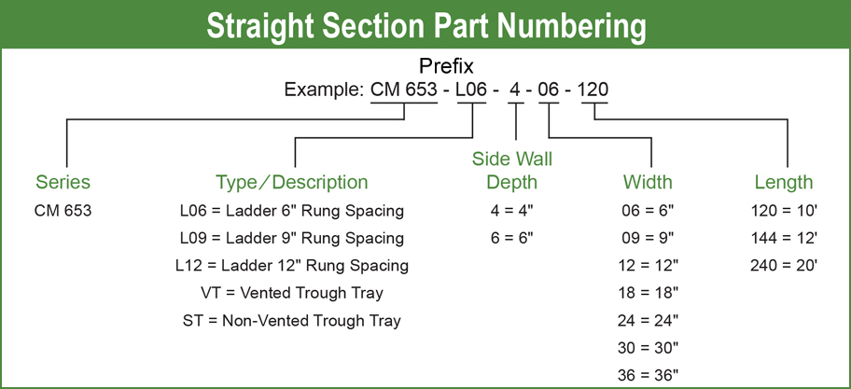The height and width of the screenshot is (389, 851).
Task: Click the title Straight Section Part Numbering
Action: (x=426, y=25)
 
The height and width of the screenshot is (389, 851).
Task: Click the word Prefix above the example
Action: (x=446, y=66)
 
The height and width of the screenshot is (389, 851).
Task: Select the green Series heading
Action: (x=63, y=182)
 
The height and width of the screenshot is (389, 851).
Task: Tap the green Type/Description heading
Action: (x=292, y=182)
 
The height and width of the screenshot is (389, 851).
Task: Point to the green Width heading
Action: (x=648, y=182)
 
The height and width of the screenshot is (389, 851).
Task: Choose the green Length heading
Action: (x=784, y=182)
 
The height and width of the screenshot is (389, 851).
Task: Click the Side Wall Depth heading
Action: (x=511, y=171)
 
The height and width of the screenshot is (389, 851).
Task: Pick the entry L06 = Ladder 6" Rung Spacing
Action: (x=292, y=211)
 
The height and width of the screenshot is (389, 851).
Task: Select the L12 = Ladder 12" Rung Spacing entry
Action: (x=292, y=266)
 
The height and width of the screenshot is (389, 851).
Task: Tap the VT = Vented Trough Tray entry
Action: (x=292, y=293)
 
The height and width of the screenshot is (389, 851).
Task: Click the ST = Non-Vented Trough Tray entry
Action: (x=292, y=321)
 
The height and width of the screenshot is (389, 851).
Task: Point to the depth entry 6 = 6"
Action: (x=511, y=238)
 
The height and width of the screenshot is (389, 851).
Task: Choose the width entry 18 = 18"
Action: (x=648, y=293)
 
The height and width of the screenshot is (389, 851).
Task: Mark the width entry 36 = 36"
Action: (x=648, y=375)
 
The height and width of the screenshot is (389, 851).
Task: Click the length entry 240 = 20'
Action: (x=784, y=265)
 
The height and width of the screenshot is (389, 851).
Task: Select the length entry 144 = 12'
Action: (x=784, y=238)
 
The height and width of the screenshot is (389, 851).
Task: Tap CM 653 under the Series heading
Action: (x=63, y=211)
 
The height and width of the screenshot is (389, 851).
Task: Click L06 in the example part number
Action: (x=471, y=90)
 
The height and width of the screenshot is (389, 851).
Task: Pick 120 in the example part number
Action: (x=593, y=90)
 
